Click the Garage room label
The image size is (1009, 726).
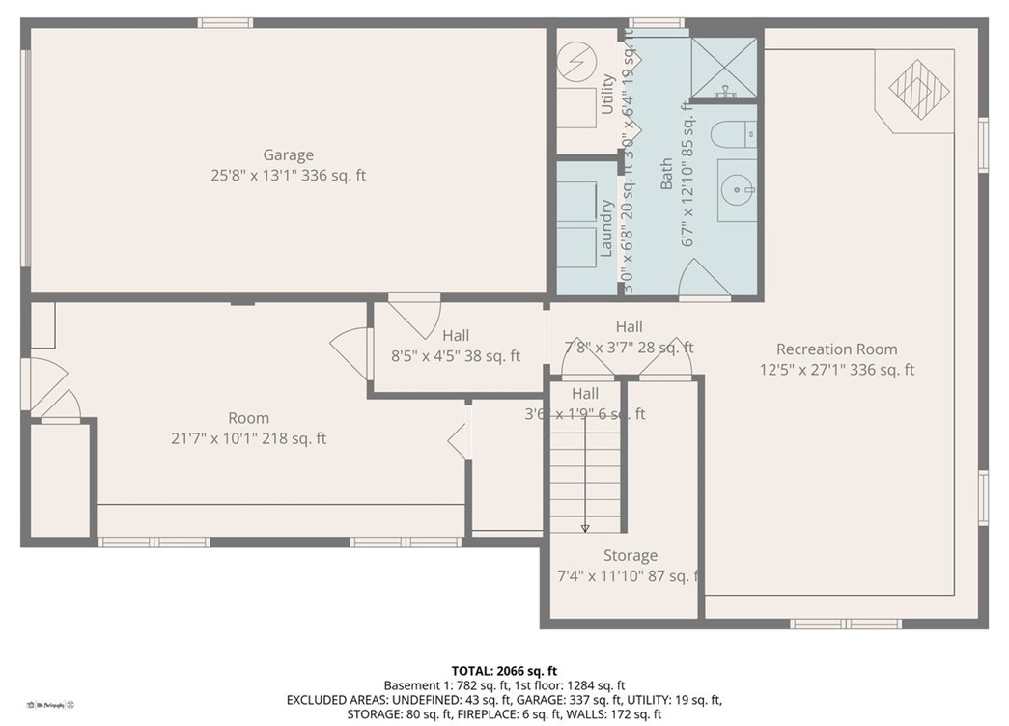288,154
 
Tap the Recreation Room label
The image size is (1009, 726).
836,349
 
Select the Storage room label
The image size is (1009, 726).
630,555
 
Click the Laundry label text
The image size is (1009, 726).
607,229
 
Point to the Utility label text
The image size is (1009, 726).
607,95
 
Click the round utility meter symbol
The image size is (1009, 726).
577,64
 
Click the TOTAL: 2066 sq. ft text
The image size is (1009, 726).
504,670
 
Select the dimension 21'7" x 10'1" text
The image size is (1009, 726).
248,438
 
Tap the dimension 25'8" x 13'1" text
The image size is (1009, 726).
288,176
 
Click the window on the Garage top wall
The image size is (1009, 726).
225,22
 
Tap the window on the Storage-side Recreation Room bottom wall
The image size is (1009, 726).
831,624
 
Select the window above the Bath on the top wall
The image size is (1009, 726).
657,22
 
